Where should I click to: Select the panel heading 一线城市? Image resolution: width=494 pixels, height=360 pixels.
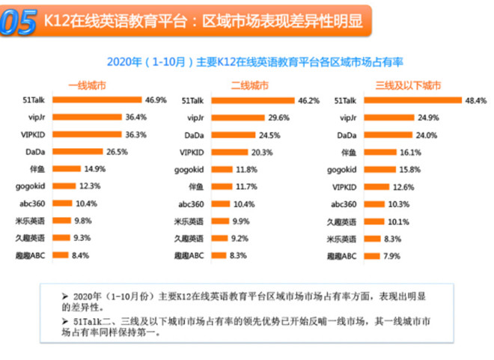pos(87,85)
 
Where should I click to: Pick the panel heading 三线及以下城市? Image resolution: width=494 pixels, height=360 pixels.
pos(408,85)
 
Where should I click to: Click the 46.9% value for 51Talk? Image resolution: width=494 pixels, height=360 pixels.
pos(156,100)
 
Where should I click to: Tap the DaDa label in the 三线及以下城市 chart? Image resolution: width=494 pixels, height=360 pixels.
pos(347,135)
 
